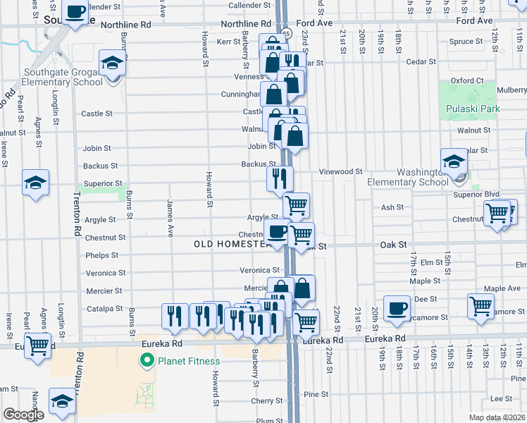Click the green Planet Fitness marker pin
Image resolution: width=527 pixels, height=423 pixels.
click(147, 362)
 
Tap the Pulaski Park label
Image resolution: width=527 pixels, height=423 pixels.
click(472, 109)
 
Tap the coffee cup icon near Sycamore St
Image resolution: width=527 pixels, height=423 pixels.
click(397, 307)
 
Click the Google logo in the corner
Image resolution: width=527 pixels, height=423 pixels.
click(23, 415)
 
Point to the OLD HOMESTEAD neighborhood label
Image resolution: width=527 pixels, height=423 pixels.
click(231, 244)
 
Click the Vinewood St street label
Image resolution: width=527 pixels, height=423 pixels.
click(340, 171)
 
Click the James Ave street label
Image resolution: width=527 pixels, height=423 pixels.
click(170, 218)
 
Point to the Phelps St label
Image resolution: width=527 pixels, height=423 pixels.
click(101, 255)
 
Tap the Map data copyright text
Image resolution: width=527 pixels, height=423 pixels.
click(496, 417)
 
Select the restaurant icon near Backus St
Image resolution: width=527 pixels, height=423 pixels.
click(280, 179)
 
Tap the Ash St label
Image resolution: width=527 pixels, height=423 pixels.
click(392, 207)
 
